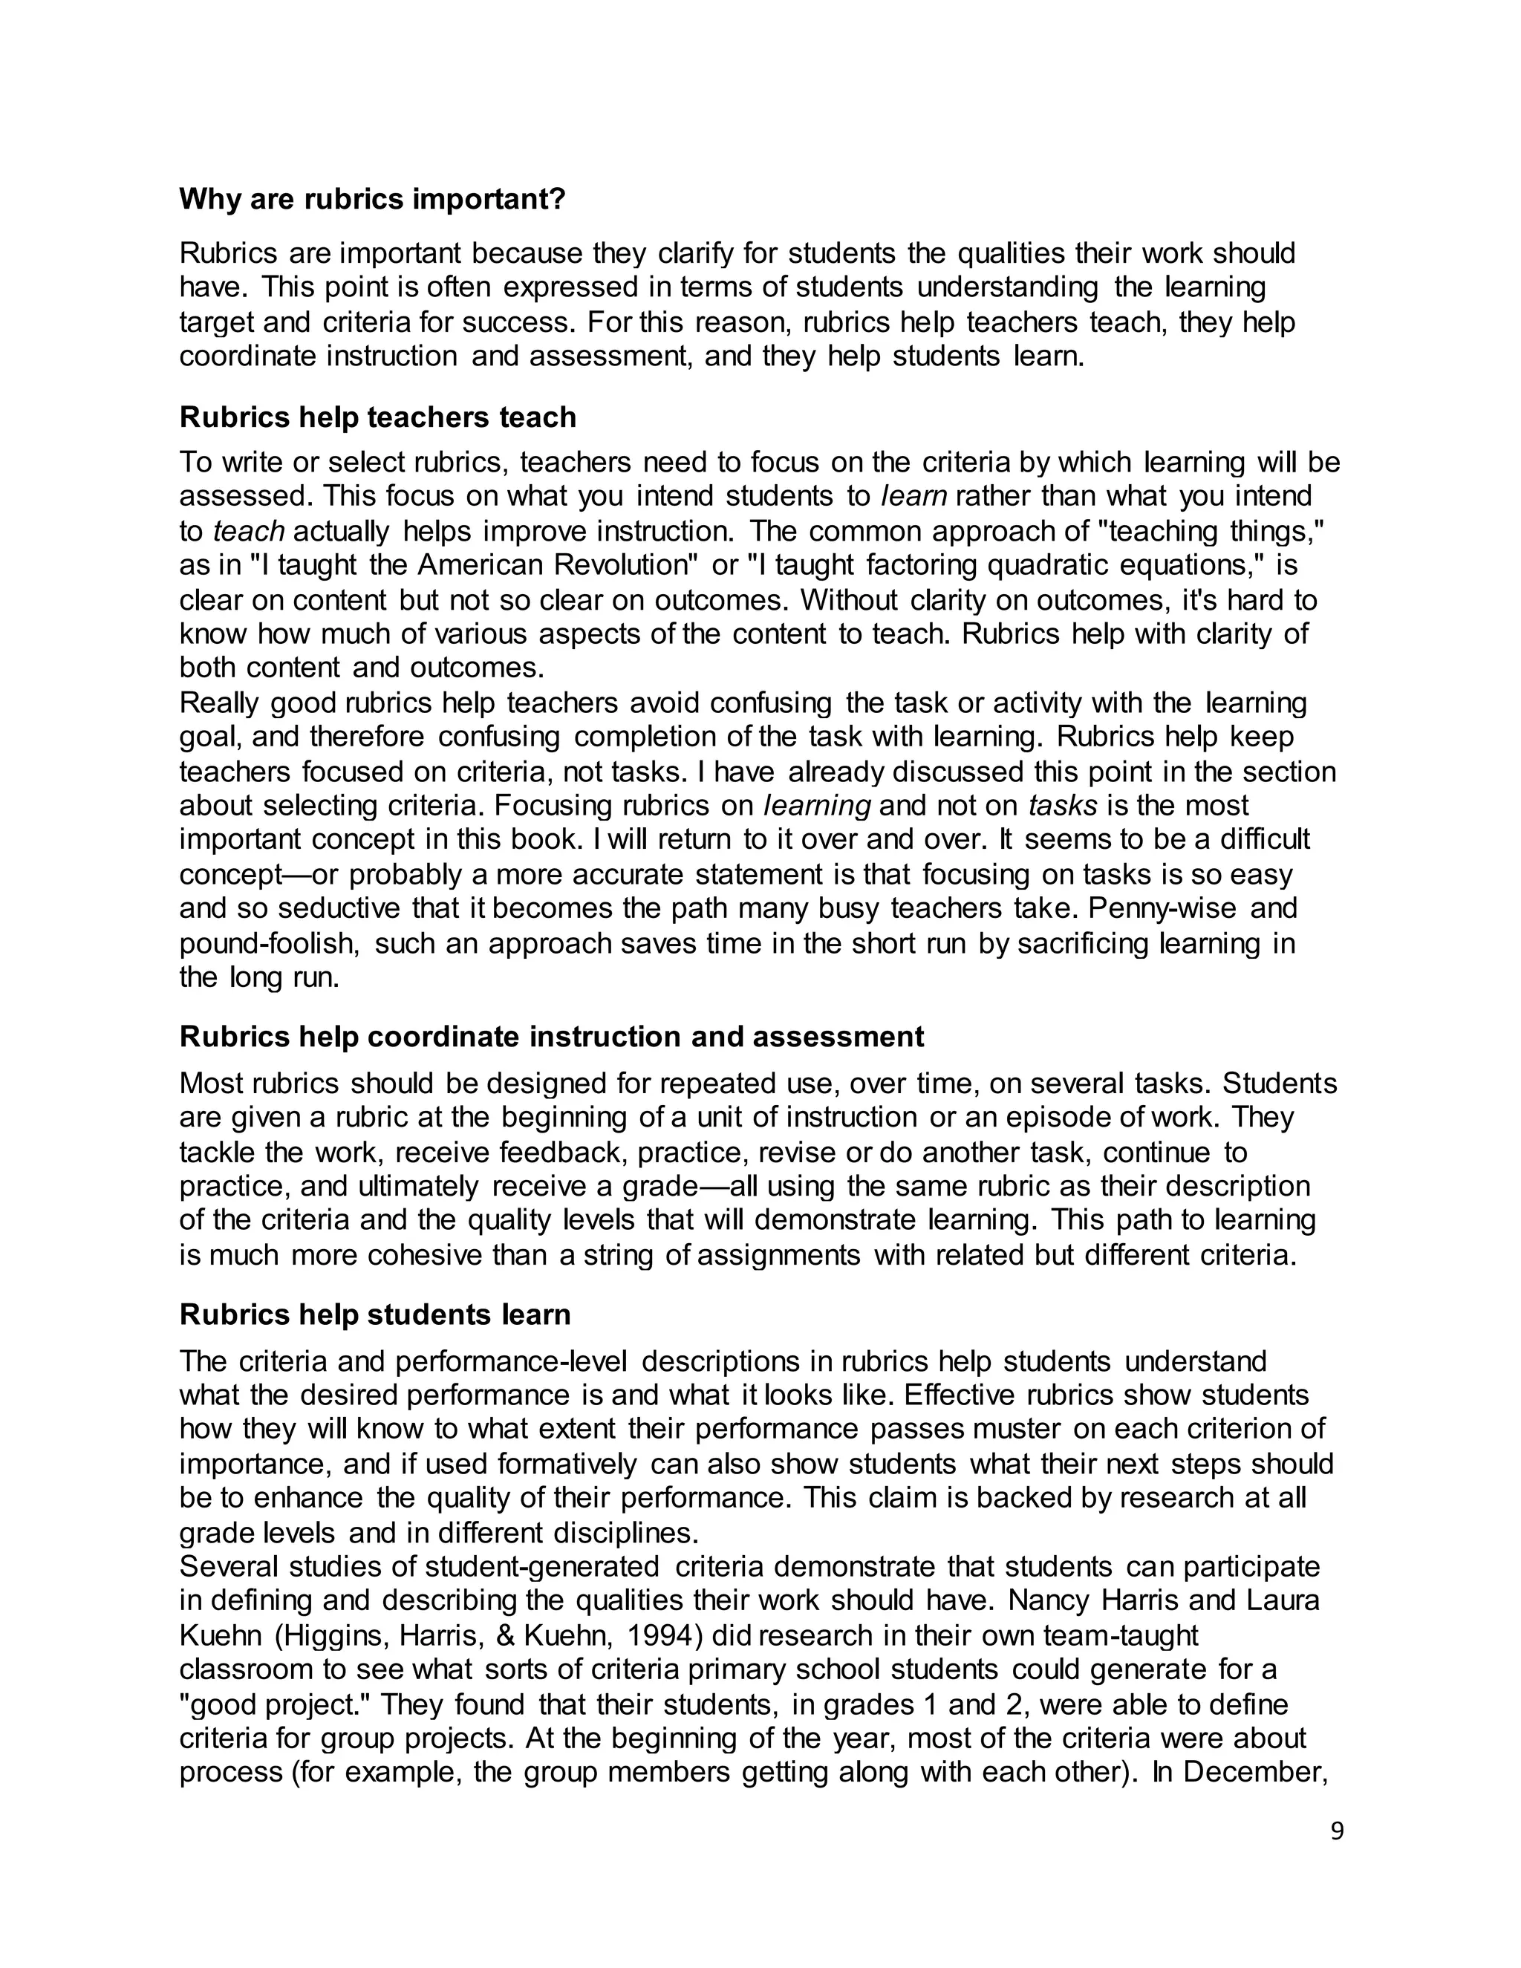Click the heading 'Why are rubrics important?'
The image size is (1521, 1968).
click(x=371, y=199)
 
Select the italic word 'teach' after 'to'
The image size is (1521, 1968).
click(x=249, y=532)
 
